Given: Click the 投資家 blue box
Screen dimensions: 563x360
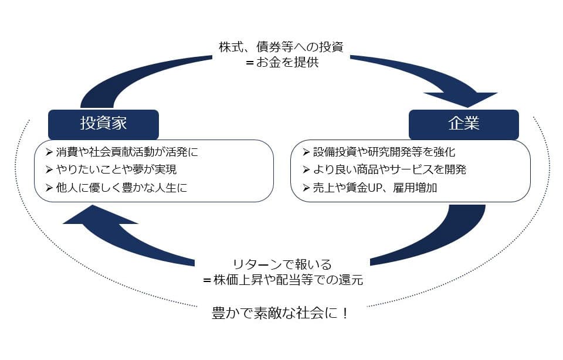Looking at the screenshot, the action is tap(103, 124).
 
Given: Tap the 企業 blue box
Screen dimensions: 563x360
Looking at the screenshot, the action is tap(463, 124).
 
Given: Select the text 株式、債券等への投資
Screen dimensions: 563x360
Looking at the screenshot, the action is tap(281, 47).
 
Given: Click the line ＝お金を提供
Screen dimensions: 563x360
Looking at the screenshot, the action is tap(282, 63).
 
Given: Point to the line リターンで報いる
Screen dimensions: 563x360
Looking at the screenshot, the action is tap(282, 264).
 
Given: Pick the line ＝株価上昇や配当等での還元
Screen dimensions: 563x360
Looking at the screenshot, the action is tap(283, 280).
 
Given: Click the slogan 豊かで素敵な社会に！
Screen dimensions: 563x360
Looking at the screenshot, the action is tap(280, 313).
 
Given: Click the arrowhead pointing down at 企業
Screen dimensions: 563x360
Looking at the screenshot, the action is tap(463, 100).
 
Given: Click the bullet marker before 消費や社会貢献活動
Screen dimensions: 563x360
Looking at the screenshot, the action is tap(49, 152).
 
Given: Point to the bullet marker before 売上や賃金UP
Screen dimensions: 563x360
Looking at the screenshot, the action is tap(306, 188).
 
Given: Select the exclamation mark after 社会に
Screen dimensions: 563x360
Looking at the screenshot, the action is tap(345, 313).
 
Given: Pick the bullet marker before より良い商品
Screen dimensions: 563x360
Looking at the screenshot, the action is tap(306, 170).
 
